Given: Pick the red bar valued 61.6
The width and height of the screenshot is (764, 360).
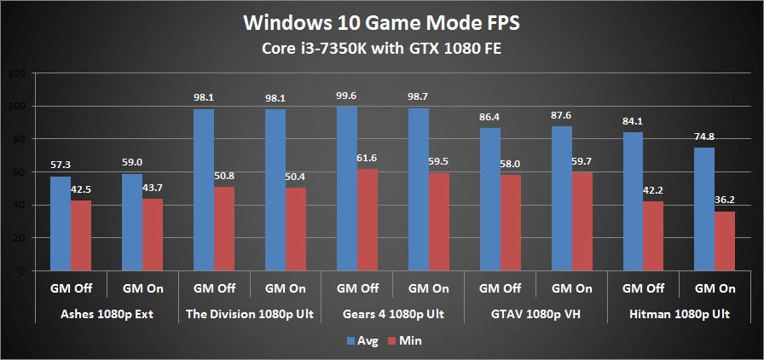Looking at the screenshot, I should pyautogui.click(x=368, y=220).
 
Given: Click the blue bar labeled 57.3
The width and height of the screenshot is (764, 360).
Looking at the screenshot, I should pyautogui.click(x=61, y=224).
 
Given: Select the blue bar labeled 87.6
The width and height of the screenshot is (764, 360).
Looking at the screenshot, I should pyautogui.click(x=561, y=199).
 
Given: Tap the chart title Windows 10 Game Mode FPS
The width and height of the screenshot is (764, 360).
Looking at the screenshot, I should pyautogui.click(x=382, y=20).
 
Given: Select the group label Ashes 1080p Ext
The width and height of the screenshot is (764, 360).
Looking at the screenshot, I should pyautogui.click(x=106, y=314).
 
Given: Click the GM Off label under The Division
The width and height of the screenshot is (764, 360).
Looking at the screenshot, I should pyautogui.click(x=213, y=288).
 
